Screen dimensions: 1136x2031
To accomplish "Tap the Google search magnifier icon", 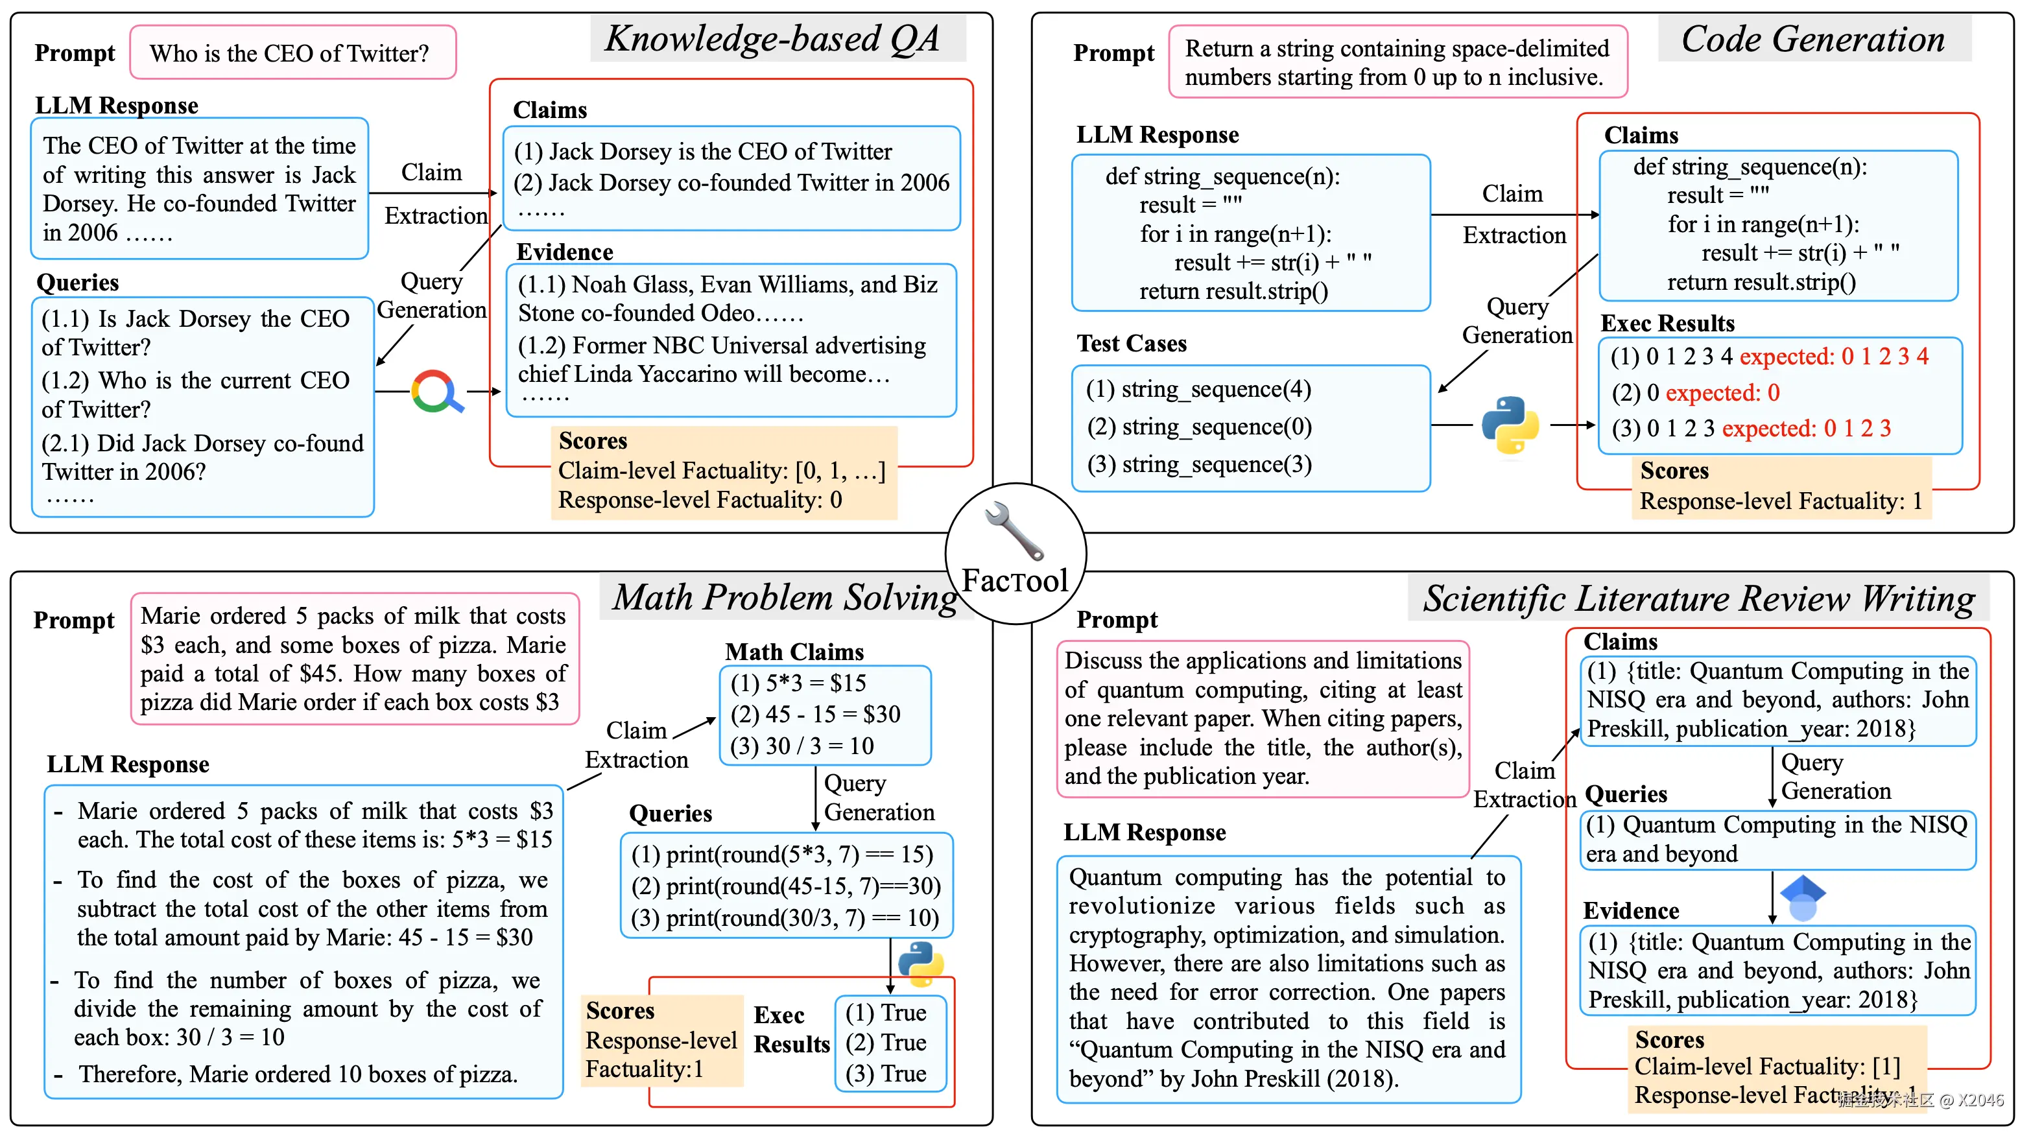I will (x=436, y=391).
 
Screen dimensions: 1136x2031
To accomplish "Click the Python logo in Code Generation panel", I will (x=1510, y=425).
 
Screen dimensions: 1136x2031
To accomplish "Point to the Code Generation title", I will (x=1812, y=39).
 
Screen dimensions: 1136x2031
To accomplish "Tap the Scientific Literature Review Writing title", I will (x=1698, y=598).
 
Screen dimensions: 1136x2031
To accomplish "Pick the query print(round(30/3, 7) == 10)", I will (x=785, y=917).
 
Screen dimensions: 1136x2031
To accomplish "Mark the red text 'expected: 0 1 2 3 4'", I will (x=1834, y=357).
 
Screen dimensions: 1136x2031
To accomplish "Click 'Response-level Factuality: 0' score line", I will (x=700, y=500).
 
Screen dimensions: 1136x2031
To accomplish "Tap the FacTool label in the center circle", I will (x=1015, y=581).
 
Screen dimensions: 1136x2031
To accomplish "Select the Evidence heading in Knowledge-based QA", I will (x=565, y=252).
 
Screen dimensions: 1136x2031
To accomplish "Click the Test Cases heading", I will (x=1132, y=344).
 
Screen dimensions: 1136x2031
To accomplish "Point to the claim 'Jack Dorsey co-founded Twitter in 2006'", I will (x=731, y=183).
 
